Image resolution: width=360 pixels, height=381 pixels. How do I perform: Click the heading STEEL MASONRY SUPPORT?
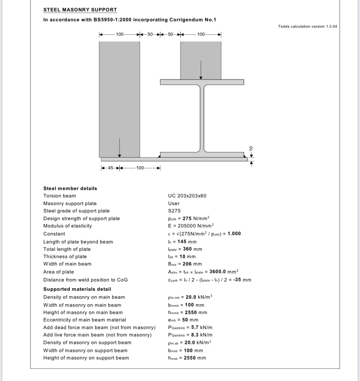(x=80, y=10)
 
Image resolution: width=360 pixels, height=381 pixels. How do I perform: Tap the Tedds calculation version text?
(x=307, y=27)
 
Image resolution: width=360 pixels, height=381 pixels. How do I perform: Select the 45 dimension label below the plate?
(x=110, y=168)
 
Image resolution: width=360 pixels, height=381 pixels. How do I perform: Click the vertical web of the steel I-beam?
(x=202, y=118)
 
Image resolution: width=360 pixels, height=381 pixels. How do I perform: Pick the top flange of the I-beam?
(x=202, y=82)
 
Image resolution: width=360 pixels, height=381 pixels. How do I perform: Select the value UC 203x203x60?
(x=187, y=196)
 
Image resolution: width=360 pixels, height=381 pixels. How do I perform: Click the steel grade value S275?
(x=174, y=211)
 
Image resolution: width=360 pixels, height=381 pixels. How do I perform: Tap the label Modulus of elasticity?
(x=68, y=226)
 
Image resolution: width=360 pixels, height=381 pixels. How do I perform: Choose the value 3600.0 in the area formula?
(x=218, y=272)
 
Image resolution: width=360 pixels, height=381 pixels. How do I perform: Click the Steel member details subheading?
(x=70, y=189)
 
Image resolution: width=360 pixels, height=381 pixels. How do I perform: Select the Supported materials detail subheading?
(x=77, y=289)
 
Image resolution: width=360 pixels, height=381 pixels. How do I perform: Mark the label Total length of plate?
(x=67, y=249)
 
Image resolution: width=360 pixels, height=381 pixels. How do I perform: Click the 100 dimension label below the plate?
(x=140, y=168)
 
